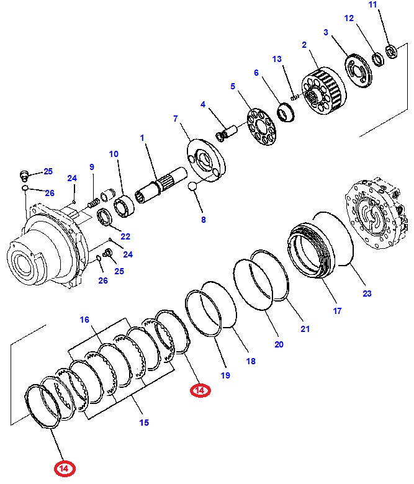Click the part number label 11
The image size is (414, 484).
click(x=390, y=6)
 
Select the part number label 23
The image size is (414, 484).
click(x=366, y=294)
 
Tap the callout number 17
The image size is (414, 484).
click(x=337, y=311)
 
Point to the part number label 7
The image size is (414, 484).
click(x=176, y=118)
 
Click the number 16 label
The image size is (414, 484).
click(x=84, y=320)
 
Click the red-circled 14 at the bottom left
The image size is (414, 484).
click(x=64, y=468)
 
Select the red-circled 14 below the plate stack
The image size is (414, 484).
click(x=200, y=390)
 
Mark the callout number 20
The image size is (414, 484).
click(x=278, y=344)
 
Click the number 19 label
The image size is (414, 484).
click(x=225, y=375)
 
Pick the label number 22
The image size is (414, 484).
click(x=125, y=236)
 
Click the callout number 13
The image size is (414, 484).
click(x=277, y=59)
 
